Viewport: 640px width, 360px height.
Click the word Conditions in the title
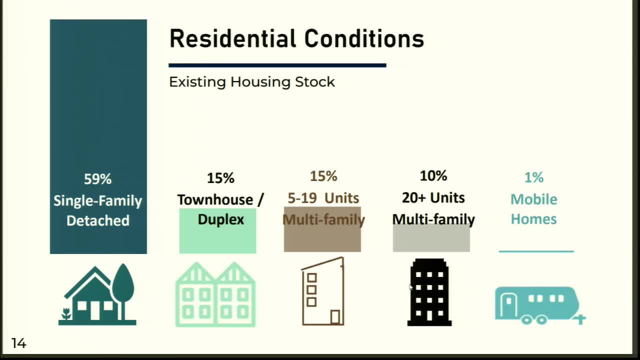364,39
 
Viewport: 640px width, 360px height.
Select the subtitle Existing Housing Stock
251,82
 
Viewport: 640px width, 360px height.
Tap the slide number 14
18,343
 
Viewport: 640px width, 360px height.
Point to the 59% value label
97,179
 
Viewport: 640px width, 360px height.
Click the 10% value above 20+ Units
433,176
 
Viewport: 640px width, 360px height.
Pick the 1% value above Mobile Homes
533,177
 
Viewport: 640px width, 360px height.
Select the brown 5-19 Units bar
322,237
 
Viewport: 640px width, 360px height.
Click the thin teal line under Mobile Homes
536,251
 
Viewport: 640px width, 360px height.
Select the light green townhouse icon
215,295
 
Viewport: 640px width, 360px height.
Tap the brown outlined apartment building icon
323,292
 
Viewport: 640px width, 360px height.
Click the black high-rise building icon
429,293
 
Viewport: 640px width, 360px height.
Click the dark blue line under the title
277,65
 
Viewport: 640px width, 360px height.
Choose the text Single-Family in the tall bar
97,201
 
